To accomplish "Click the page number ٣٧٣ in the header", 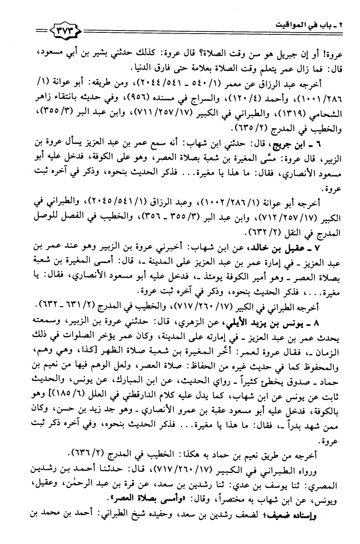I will [x=64, y=29].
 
